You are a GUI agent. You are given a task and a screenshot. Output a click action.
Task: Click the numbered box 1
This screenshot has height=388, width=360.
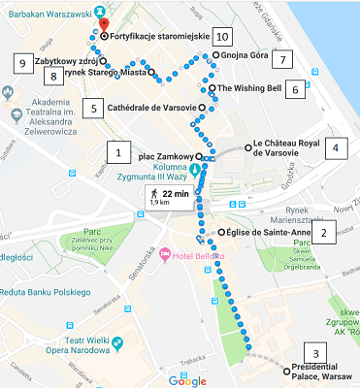click(117, 151)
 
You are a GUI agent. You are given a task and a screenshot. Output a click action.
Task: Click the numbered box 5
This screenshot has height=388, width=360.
click(93, 107)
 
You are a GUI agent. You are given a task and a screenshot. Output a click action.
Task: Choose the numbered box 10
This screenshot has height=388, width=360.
click(223, 36)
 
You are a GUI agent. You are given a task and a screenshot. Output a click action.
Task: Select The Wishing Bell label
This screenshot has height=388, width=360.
click(250, 87)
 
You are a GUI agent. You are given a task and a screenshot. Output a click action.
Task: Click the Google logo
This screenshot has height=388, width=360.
click(188, 380)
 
